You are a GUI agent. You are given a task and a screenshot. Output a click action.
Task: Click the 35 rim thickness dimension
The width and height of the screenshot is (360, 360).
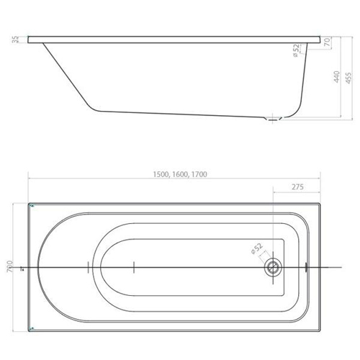(x=15, y=40)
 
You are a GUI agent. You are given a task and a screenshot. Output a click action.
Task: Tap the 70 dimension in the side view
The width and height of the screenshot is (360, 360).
(x=328, y=42)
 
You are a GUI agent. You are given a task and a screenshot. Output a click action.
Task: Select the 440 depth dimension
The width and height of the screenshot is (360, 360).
(x=337, y=77)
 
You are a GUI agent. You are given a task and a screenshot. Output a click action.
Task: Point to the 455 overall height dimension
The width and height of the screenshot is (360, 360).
(x=348, y=78)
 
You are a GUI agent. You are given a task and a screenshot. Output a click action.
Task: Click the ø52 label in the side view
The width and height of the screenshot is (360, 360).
(x=297, y=50)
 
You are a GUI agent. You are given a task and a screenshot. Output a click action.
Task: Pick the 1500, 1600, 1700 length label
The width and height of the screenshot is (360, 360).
(x=180, y=174)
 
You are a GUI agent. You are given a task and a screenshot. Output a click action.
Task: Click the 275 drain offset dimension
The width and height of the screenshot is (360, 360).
(x=297, y=186)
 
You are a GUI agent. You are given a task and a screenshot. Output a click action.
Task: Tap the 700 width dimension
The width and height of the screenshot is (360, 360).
(x=10, y=266)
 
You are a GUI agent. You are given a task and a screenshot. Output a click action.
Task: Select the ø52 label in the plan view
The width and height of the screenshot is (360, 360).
(x=256, y=249)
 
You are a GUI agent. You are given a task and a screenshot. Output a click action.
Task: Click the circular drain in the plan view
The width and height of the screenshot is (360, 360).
(x=273, y=267)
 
